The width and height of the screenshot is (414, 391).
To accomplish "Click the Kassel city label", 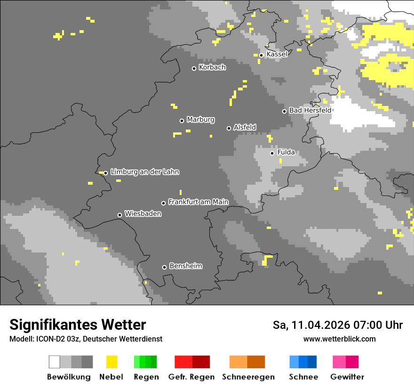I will pos(277,54).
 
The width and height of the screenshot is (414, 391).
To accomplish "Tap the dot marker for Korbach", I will pos(194,68).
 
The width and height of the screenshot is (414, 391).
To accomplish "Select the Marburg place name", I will pos(200,120).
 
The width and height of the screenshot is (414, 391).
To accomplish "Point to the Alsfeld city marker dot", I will pos(229,128).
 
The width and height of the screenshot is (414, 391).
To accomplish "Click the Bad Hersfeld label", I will pos(310,110).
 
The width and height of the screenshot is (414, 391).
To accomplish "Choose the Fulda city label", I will pos(286,152).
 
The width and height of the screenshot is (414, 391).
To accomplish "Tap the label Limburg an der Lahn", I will pos(144,172).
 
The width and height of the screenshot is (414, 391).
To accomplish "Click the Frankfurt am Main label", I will pos(198,202).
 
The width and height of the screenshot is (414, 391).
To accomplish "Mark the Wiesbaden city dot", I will pos(119,215).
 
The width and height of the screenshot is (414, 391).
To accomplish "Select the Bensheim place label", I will pos(185,266).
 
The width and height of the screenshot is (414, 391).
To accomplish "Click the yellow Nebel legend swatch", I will pos(111,362).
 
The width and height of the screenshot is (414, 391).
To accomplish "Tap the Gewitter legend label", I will pos(347,377).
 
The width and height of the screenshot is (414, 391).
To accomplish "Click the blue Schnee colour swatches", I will pos(303,362).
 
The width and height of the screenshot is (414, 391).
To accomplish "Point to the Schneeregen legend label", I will pos(248,377).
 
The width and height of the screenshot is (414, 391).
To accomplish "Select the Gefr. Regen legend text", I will pos(191,377).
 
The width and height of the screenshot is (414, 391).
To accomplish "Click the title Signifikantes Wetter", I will pos(78,325).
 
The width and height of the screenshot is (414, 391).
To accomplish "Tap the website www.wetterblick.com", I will pos(339,339).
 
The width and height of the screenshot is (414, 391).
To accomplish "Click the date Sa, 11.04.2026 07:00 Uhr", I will pos(337,325).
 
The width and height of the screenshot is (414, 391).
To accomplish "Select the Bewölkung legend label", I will pos(69,377).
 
